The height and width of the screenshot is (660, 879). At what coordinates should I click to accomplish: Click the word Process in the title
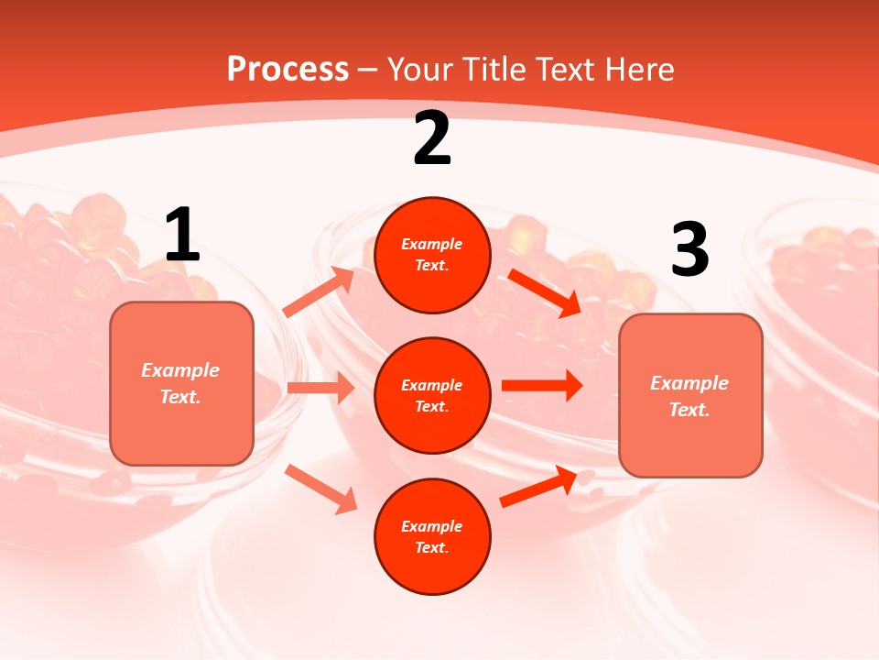point(288,69)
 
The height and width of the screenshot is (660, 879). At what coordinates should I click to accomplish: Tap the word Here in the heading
point(636,69)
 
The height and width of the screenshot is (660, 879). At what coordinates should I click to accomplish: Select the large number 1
point(182,236)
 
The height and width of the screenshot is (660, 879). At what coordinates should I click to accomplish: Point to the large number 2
point(432,139)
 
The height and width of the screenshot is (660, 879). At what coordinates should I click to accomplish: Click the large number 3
point(689,249)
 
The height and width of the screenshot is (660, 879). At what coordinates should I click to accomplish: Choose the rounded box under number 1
point(181,383)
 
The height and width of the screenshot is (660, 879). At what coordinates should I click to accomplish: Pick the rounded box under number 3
point(690,395)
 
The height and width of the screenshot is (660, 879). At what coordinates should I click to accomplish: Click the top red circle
point(432,255)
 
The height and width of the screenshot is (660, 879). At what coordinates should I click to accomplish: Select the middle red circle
point(432,395)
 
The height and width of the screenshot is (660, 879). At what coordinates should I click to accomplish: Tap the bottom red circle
point(432,536)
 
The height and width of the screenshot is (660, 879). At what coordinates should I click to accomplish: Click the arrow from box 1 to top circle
point(319,292)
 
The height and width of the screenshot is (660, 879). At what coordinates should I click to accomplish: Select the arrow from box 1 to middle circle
point(320,388)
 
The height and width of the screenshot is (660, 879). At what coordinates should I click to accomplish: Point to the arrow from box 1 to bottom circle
point(320,488)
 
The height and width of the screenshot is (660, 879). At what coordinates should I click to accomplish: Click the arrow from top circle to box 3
point(545,292)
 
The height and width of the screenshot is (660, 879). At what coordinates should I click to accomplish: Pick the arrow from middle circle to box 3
point(542,385)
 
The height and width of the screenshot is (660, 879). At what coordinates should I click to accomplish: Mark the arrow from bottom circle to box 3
point(538,487)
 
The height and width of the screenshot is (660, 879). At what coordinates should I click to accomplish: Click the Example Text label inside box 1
point(180,383)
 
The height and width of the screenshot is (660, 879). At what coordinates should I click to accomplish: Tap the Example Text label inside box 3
point(689,396)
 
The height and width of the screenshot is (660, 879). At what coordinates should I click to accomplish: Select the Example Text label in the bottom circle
point(432,536)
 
